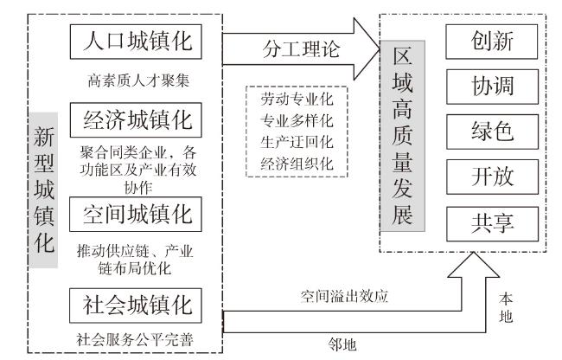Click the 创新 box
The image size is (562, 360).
pos(492,40)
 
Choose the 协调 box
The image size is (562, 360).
pos(492,87)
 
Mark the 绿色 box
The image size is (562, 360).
pos(492,132)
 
